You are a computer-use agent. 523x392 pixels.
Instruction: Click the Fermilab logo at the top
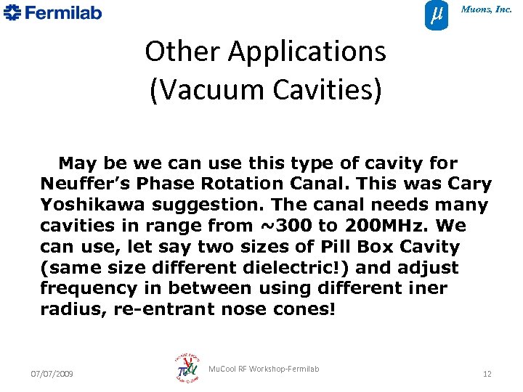pos(52,12)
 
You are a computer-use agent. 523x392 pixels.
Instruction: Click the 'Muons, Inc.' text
pos(487,9)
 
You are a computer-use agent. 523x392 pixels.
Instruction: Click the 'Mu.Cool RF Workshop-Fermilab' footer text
pos(263,369)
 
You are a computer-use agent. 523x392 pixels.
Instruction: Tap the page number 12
pos(487,374)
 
